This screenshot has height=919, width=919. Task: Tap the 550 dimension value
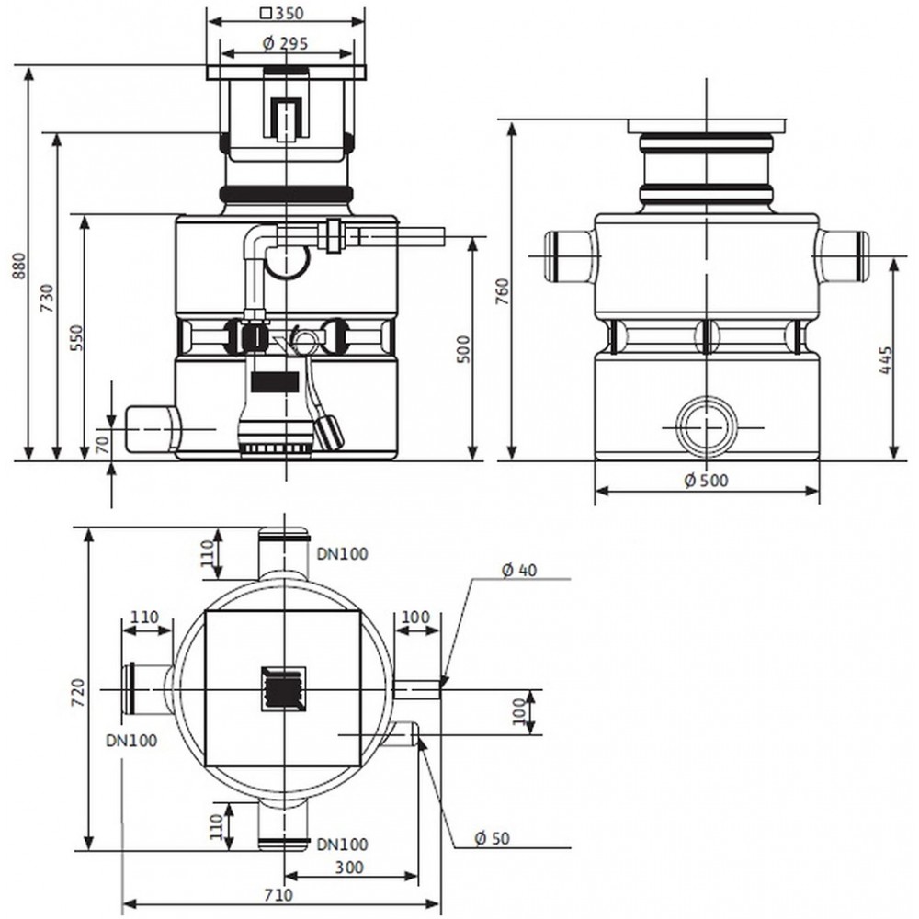(x=76, y=337)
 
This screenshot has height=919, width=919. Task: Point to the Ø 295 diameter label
(x=286, y=43)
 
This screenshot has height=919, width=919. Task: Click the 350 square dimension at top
(x=282, y=12)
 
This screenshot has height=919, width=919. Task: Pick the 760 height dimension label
(x=503, y=291)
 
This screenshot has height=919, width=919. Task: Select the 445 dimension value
(x=885, y=360)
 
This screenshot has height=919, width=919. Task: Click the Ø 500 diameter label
(x=706, y=481)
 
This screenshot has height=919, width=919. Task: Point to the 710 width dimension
(x=278, y=895)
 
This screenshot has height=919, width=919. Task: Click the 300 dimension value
(x=349, y=867)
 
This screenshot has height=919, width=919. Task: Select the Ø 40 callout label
(x=519, y=570)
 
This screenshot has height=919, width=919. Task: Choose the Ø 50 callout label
(x=492, y=839)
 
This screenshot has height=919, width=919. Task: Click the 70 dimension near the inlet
(x=103, y=444)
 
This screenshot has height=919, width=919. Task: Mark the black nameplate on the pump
(x=275, y=381)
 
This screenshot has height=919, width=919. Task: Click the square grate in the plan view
(x=284, y=688)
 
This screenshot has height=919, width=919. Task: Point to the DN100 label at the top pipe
(x=342, y=553)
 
